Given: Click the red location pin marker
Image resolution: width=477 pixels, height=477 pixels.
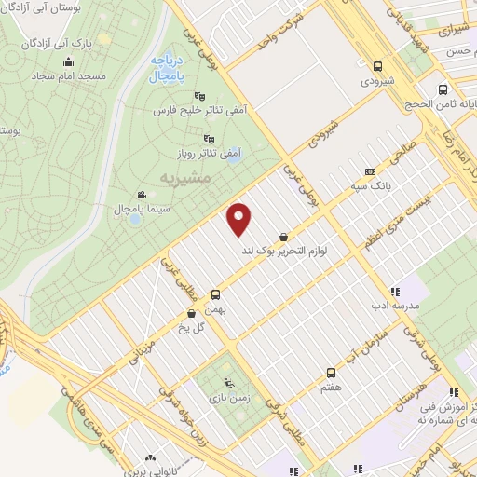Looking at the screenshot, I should pyautogui.click(x=239, y=218).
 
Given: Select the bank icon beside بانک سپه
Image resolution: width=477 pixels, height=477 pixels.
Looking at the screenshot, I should pyautogui.click(x=370, y=171).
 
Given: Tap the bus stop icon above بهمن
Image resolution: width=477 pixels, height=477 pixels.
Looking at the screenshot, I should pyautogui.click(x=215, y=292).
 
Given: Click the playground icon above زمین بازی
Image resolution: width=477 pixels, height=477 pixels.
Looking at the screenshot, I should pyautogui.click(x=229, y=383).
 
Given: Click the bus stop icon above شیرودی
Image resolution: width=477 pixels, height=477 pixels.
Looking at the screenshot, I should pyautogui.click(x=376, y=66).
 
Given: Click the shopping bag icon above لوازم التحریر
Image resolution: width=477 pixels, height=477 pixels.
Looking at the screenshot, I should pyautogui.click(x=282, y=237).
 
